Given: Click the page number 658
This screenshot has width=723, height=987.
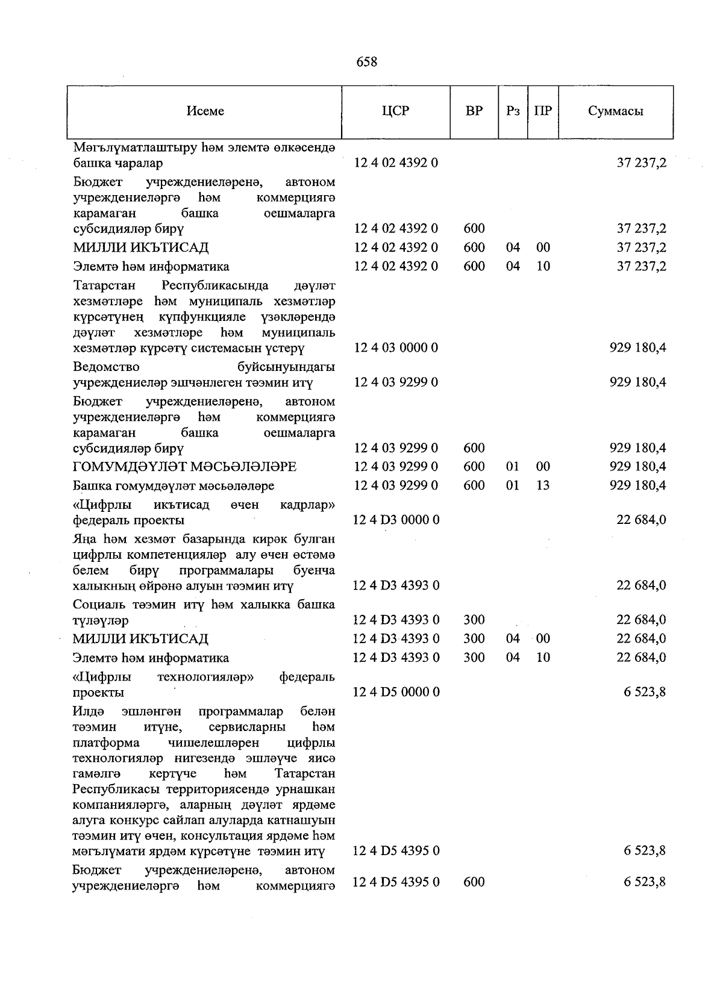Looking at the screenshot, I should [x=366, y=62].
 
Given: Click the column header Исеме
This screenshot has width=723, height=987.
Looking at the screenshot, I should [x=205, y=111].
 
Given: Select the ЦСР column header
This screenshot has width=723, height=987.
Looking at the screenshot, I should [x=395, y=111].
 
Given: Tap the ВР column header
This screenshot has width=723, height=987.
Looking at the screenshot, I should [x=474, y=111].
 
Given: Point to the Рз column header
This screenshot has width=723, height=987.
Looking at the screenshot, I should [x=513, y=111].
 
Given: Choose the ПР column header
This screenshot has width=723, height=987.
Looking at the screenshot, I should [x=543, y=111].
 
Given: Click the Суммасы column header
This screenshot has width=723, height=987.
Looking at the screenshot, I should [x=615, y=111].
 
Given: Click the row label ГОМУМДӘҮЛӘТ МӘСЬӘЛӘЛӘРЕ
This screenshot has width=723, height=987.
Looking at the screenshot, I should [x=185, y=467].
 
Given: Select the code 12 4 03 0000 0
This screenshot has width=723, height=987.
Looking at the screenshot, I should [x=396, y=348].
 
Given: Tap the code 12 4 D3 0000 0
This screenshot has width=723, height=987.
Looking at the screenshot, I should [x=396, y=520].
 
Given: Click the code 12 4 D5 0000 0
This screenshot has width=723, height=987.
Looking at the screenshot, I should [x=396, y=692].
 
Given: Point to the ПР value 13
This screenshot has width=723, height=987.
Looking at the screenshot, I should [x=543, y=485].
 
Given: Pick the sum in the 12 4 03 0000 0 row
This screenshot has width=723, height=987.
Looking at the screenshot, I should [x=637, y=348].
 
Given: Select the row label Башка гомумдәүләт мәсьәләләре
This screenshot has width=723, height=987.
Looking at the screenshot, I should [x=174, y=485].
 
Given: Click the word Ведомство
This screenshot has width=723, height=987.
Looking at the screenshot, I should [x=106, y=367].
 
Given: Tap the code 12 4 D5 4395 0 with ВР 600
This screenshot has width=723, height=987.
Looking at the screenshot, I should [x=396, y=882].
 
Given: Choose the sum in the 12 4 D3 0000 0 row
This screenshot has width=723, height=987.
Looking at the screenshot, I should [x=641, y=520].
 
